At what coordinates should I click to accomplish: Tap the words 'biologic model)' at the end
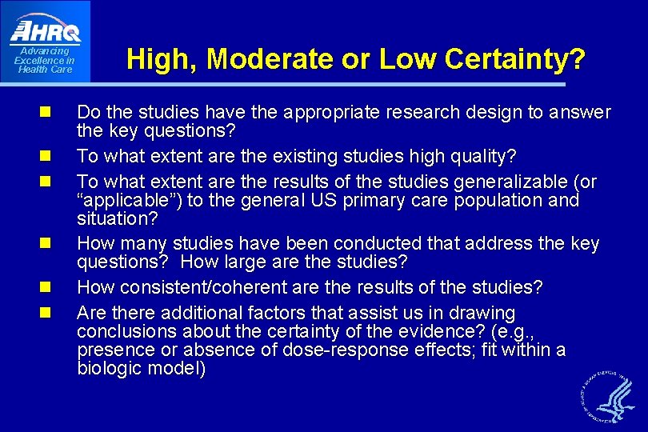point(142,369)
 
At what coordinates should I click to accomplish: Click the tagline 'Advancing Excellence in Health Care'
point(45,60)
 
